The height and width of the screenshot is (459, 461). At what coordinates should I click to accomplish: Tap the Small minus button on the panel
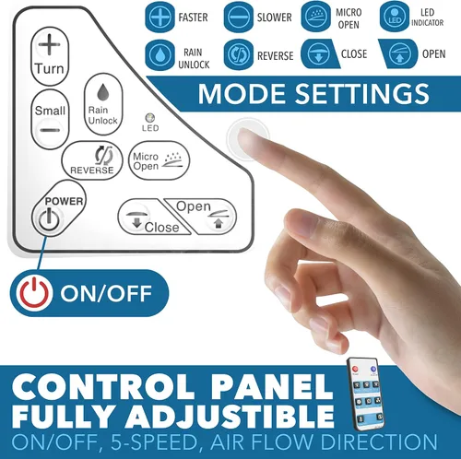50,120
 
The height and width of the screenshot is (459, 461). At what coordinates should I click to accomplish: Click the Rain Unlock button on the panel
103,104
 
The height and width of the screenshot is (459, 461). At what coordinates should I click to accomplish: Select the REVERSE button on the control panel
92,160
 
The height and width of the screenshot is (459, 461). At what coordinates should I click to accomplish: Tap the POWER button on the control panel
58,209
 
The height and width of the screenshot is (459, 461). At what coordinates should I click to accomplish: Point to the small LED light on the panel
150,118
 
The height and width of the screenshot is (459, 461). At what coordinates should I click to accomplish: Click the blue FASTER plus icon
160,18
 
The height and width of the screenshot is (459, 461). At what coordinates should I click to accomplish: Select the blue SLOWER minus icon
239,18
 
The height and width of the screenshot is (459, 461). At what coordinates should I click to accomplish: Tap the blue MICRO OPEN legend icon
316,18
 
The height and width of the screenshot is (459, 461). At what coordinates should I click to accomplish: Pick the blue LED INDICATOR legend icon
395,18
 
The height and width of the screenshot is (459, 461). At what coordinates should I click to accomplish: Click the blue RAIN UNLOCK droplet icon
160,55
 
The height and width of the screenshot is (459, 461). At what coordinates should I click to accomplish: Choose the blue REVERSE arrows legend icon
239,55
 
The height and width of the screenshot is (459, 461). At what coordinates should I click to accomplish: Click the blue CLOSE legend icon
319,54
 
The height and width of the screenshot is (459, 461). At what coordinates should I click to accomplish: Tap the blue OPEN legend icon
398,54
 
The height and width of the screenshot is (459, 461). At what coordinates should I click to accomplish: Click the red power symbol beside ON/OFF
34,293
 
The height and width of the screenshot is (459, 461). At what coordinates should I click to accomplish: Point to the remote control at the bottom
366,394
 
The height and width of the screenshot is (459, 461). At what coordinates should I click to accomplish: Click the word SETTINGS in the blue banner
362,93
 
